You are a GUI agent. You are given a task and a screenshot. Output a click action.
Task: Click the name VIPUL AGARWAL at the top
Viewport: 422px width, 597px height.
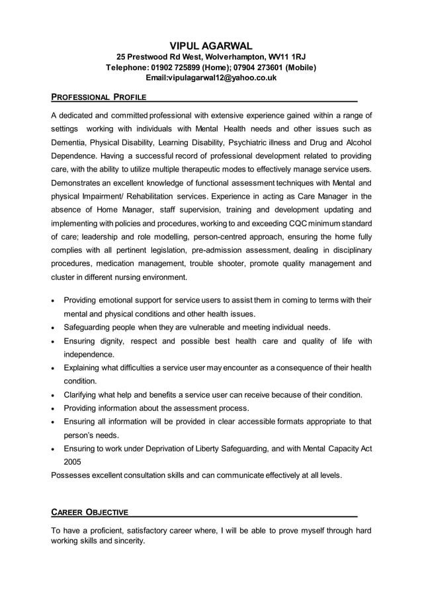tap(211, 46)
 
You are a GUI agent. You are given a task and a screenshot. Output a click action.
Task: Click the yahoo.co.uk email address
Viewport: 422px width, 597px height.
tap(212, 78)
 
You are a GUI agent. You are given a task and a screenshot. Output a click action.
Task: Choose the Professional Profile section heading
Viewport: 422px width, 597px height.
tap(99, 98)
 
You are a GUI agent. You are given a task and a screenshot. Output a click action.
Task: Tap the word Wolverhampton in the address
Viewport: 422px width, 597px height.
tap(232, 57)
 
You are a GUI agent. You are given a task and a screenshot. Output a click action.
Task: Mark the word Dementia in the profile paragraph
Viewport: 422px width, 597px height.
tap(69, 142)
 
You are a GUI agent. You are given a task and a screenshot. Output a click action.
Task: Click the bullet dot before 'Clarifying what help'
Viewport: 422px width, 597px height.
tap(54, 395)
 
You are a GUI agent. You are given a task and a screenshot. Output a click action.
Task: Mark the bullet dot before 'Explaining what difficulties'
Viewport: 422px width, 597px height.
tap(54, 368)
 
